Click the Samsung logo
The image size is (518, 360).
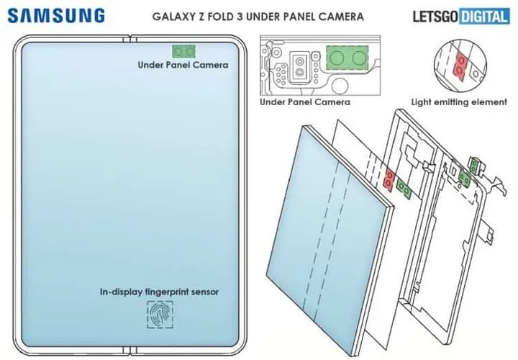click(57, 16)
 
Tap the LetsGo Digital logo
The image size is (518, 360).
click(461, 16)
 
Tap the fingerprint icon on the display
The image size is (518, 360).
click(160, 315)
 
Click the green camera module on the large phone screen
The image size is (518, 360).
click(183, 52)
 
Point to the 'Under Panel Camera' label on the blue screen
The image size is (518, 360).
click(183, 65)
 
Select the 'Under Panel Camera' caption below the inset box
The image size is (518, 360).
click(305, 102)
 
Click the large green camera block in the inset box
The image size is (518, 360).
click(347, 58)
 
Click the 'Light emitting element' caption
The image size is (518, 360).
click(459, 102)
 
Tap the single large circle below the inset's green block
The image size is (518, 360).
click(340, 86)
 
